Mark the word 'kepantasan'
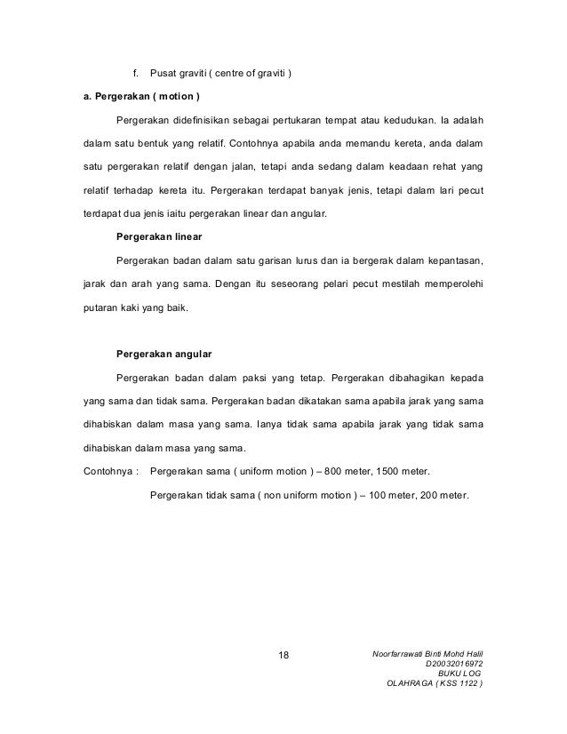tap(453, 261)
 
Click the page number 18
tap(283, 657)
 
